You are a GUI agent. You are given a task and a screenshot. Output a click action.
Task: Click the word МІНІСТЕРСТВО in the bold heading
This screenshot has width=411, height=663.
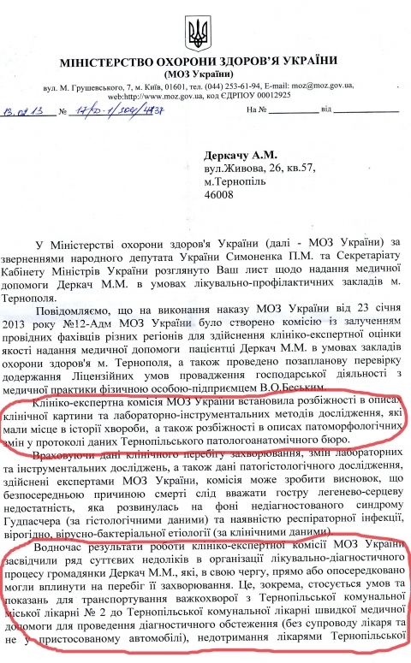[x=109, y=64]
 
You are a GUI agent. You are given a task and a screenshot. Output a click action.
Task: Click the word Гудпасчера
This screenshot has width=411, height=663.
[x=46, y=494]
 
